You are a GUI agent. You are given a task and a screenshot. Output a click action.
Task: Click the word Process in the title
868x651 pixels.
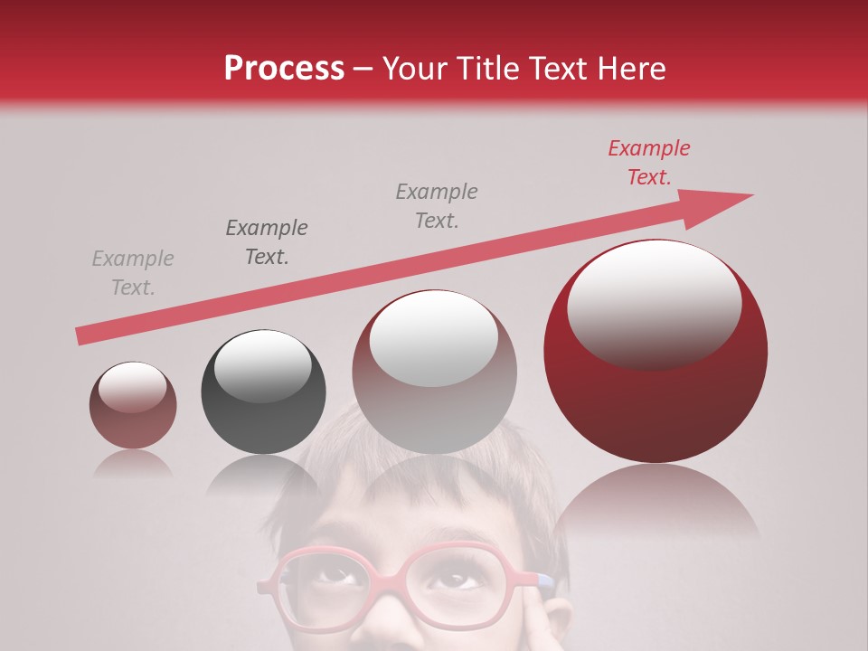[284, 68]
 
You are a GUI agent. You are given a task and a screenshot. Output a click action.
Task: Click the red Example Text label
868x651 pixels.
[648, 163]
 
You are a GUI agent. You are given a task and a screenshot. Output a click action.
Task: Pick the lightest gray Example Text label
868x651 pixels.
[133, 273]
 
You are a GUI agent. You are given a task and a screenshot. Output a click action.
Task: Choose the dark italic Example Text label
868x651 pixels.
[267, 242]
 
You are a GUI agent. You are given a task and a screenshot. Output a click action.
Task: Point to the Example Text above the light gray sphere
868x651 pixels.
[437, 205]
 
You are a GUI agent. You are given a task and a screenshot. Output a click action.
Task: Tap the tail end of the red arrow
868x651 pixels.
[83, 335]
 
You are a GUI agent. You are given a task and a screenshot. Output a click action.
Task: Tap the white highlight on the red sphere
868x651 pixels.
[654, 306]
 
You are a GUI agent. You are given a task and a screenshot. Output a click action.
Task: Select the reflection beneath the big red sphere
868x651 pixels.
[656, 502]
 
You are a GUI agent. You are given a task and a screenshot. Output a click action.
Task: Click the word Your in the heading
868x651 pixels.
[416, 68]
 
